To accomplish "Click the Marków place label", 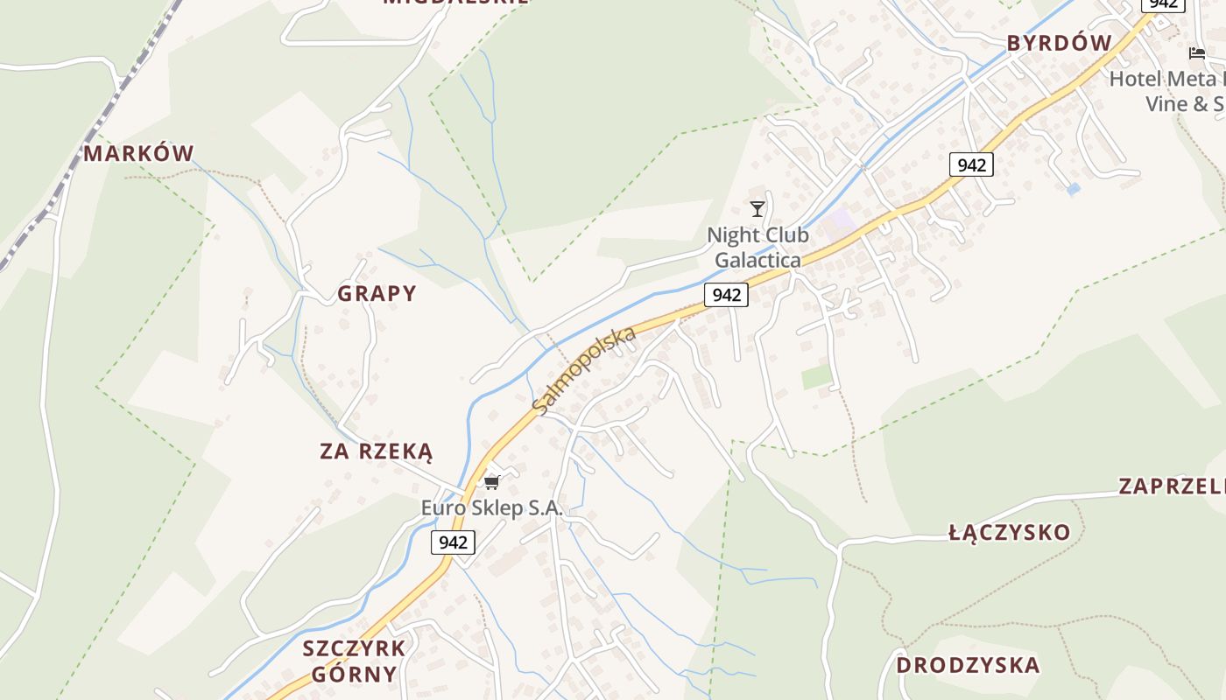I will pyautogui.click(x=138, y=154).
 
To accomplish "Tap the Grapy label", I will pyautogui.click(x=377, y=293).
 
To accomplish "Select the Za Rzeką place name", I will pyautogui.click(x=377, y=451).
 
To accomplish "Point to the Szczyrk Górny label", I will pyautogui.click(x=354, y=661).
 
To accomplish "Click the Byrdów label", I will pyautogui.click(x=1059, y=43).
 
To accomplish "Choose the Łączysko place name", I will pyautogui.click(x=1010, y=532).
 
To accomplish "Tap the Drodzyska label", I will pyautogui.click(x=968, y=665).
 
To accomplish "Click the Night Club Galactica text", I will pyautogui.click(x=757, y=248).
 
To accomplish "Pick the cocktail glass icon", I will pyautogui.click(x=757, y=208).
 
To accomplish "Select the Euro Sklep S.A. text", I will pyautogui.click(x=491, y=507).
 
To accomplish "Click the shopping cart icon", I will pyautogui.click(x=491, y=482).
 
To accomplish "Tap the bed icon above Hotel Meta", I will pyautogui.click(x=1197, y=53).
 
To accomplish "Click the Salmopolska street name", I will pyautogui.click(x=583, y=372).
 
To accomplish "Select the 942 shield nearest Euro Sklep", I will pyautogui.click(x=453, y=542).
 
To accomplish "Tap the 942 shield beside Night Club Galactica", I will pyautogui.click(x=726, y=295).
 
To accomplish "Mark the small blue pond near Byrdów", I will pyautogui.click(x=1074, y=188).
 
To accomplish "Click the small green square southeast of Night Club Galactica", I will pyautogui.click(x=817, y=377).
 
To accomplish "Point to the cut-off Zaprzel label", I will pyautogui.click(x=1172, y=486).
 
